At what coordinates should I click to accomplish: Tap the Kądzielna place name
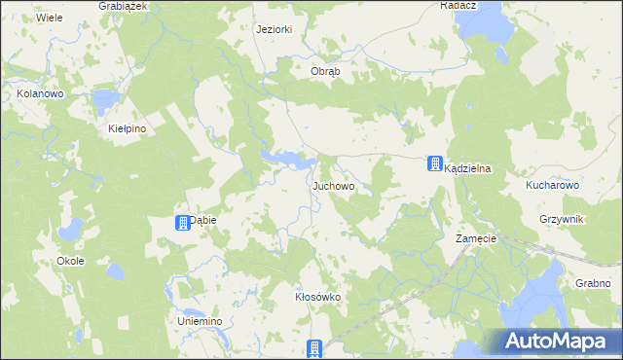tap(467, 168)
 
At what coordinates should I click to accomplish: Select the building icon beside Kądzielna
tap(433, 165)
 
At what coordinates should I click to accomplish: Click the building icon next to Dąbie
tap(182, 223)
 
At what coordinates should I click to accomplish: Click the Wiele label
tap(49, 18)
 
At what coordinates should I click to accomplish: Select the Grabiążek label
tap(123, 6)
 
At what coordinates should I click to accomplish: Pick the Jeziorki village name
tap(274, 29)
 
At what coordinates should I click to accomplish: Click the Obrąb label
tap(325, 72)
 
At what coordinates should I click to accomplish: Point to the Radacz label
tap(458, 5)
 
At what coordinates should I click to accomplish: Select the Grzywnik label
tap(561, 220)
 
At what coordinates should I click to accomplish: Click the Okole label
tap(70, 261)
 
